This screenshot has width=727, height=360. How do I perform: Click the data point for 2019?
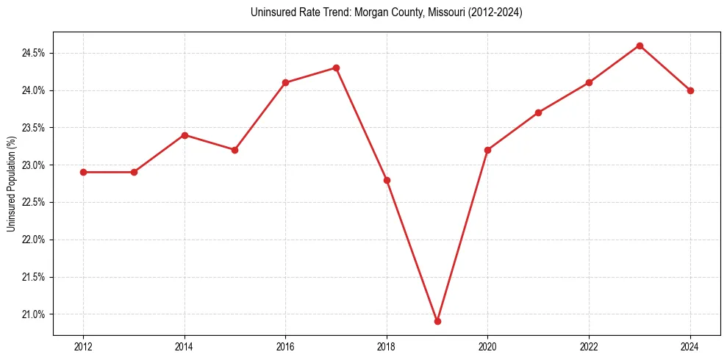[x=437, y=321]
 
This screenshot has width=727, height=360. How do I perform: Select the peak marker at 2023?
[x=640, y=46]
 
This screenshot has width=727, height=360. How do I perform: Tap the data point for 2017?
[x=336, y=68]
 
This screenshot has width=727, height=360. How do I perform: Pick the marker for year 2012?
[x=83, y=172]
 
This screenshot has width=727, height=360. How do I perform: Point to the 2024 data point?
[x=690, y=90]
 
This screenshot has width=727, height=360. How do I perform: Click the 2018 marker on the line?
[x=387, y=180]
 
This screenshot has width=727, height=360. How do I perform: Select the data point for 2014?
[x=185, y=135]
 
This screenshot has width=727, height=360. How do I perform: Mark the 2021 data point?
[x=538, y=112]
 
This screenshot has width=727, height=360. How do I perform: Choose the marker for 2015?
[x=235, y=150]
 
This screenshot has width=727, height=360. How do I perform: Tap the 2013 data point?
[x=134, y=172]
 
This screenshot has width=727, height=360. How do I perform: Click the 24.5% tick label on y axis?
[x=35, y=53]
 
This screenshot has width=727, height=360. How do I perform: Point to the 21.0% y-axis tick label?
[x=35, y=314]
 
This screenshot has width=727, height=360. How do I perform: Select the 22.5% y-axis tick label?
[x=35, y=203]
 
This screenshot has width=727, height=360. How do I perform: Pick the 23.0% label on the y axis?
[x=35, y=165]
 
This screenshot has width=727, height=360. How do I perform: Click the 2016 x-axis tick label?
[x=285, y=347]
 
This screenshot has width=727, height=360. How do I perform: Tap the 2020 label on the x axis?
[x=487, y=347]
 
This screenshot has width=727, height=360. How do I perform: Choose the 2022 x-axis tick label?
[x=589, y=347]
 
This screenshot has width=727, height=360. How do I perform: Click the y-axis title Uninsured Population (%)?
[x=11, y=184]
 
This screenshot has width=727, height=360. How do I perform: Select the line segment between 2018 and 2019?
[x=412, y=251]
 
